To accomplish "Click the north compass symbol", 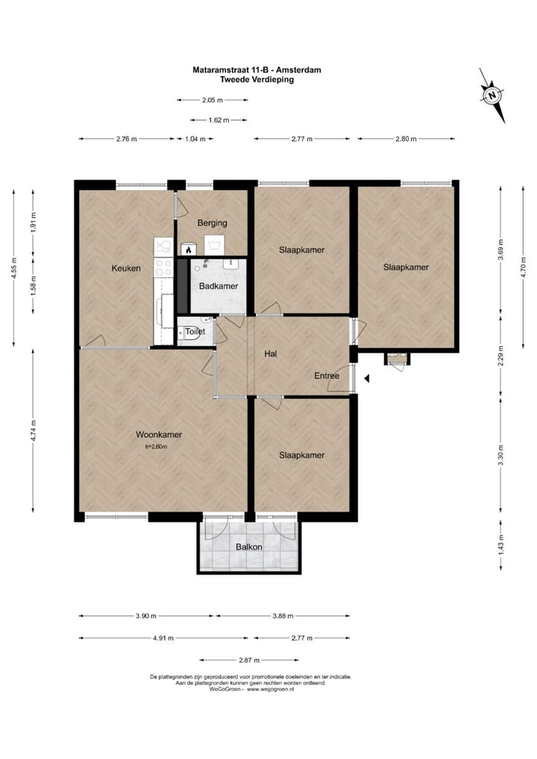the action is pyautogui.click(x=492, y=95).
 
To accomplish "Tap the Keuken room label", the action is pyautogui.click(x=126, y=268).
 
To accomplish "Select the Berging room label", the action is pyautogui.click(x=212, y=223).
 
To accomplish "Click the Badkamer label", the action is pyautogui.click(x=219, y=286).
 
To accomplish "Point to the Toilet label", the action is pyautogui.click(x=195, y=332).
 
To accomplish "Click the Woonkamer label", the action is pyautogui.click(x=159, y=435).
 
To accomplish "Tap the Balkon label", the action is pyautogui.click(x=249, y=547).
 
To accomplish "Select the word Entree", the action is pyautogui.click(x=327, y=376).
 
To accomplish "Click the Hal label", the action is pyautogui.click(x=271, y=354).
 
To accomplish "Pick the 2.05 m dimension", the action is pyautogui.click(x=212, y=100).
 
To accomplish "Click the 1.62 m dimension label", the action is pyautogui.click(x=219, y=120).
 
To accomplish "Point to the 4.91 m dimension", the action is pyautogui.click(x=163, y=638).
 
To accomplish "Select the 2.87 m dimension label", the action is pyautogui.click(x=249, y=660).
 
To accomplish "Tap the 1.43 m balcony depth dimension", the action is pyautogui.click(x=501, y=544).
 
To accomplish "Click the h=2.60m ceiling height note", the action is pyautogui.click(x=156, y=447).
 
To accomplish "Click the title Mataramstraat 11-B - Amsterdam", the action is pyautogui.click(x=257, y=69).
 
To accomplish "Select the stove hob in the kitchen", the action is pyautogui.click(x=163, y=268).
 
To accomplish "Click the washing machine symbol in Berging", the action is pyautogui.click(x=213, y=245).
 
